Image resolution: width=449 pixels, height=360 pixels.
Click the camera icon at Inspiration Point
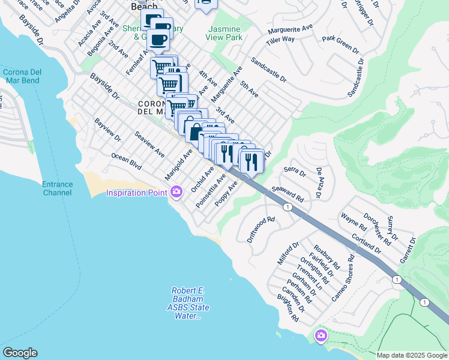click(x=176, y=192)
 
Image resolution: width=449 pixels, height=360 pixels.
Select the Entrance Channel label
click(x=57, y=188)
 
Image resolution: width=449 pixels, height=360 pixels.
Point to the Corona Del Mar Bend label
click(x=21, y=76)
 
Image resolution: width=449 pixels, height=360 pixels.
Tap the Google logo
click(x=20, y=353)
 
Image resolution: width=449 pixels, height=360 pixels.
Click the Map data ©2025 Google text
click(x=412, y=355)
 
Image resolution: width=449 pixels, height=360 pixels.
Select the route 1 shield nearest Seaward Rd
click(x=288, y=207)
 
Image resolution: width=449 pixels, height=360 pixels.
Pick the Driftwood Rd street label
click(x=260, y=229)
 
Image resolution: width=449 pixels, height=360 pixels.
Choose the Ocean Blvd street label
click(x=126, y=161)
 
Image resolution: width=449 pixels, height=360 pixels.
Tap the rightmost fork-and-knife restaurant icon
click(x=252, y=161)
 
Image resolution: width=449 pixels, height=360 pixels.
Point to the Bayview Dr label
click(x=107, y=130)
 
